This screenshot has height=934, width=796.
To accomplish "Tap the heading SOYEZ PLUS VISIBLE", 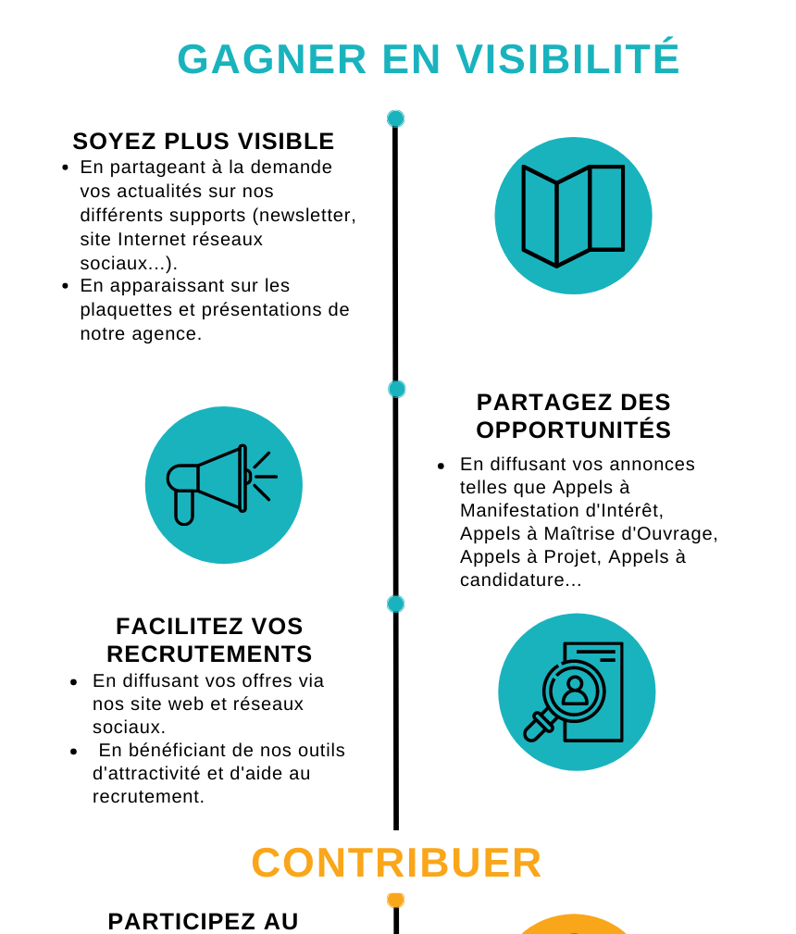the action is tap(204, 142).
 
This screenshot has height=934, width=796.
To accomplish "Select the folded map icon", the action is tap(573, 216).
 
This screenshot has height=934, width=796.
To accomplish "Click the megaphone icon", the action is tap(221, 485).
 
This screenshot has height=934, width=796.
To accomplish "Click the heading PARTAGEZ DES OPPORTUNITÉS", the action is tap(573, 416).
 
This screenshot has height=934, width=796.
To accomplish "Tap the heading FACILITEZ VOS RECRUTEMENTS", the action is tap(209, 640).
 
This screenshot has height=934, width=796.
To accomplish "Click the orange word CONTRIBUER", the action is tap(396, 862).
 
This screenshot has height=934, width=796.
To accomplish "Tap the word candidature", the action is tap(513, 579).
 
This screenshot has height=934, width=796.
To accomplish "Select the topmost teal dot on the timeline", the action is tap(395, 118).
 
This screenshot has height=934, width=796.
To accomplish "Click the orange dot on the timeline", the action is tap(395, 900).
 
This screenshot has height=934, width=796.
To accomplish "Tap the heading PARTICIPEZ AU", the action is tap(204, 921).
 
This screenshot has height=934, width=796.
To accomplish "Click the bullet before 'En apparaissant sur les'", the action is tap(65, 287).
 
